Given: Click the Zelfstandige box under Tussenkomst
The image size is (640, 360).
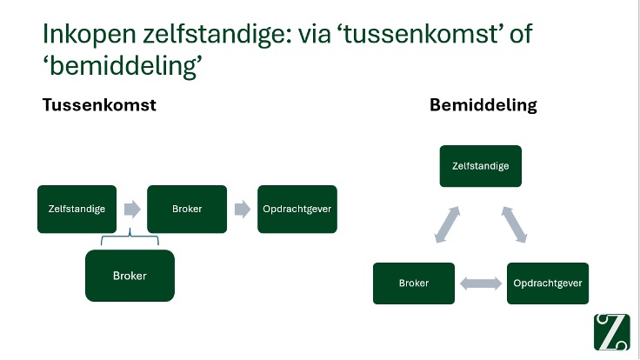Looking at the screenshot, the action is [77, 209].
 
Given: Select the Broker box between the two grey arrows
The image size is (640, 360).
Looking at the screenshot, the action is [187, 209].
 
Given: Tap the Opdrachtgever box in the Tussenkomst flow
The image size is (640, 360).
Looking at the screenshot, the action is [297, 209].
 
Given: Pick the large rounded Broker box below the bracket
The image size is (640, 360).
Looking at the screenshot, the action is [130, 276].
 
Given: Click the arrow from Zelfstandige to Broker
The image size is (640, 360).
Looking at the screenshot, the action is [131, 209].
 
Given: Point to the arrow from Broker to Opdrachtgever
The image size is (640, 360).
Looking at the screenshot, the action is [242, 209].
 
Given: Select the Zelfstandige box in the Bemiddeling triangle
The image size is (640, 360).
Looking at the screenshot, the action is [480, 165].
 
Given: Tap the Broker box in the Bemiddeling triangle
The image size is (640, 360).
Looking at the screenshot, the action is [414, 283].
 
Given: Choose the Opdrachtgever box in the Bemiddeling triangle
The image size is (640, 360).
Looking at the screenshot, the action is [548, 283].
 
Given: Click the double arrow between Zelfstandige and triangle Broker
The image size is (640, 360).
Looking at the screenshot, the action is [446, 225].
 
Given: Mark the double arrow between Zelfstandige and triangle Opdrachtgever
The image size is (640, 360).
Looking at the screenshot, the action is [515, 225].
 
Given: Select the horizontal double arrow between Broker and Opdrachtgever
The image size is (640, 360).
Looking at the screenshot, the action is [481, 283].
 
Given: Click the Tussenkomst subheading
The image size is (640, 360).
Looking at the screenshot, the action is [99, 105].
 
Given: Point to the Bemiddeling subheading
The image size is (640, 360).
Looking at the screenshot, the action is [483, 105].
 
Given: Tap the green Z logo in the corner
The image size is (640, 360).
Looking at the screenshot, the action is [612, 331].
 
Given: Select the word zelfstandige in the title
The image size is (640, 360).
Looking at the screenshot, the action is [214, 35].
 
